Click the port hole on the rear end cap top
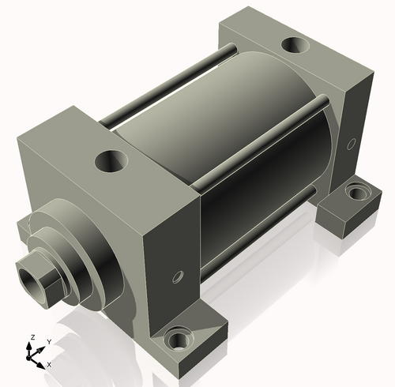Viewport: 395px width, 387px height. pos(295,46)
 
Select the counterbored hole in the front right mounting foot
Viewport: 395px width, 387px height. pos(179,341)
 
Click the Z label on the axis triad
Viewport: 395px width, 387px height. pos(32,337)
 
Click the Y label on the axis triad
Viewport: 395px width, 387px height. pos(49,341)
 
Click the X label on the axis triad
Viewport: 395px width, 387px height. pos(49,364)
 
